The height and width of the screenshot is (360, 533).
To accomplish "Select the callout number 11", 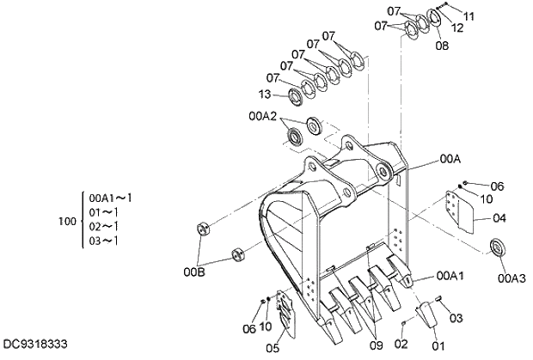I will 468,16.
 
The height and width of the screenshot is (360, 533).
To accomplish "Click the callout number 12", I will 457,28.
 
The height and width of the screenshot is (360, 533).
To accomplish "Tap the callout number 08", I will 441,46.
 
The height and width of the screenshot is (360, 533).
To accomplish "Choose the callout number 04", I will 499,217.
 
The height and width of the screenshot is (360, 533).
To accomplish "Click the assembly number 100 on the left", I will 67,222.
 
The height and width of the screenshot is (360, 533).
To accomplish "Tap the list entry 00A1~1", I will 108,198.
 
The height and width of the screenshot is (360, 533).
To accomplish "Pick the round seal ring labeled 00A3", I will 498,250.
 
